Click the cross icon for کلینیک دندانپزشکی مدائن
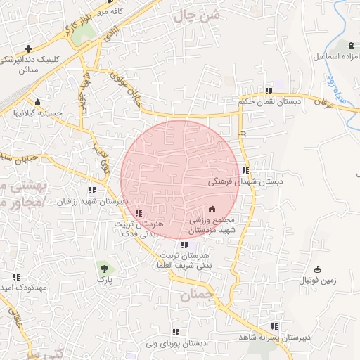click(x=27, y=49)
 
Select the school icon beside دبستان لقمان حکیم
click(x=269, y=91)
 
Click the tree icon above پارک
click(x=104, y=268)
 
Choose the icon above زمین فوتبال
click(x=317, y=269)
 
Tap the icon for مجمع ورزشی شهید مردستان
click(x=212, y=208)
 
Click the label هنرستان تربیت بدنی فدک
click(x=139, y=229)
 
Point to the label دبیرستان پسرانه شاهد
click(x=274, y=338)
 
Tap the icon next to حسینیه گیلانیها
click(x=37, y=103)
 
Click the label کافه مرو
click(x=111, y=12)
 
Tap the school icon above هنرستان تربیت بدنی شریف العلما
click(x=184, y=245)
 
